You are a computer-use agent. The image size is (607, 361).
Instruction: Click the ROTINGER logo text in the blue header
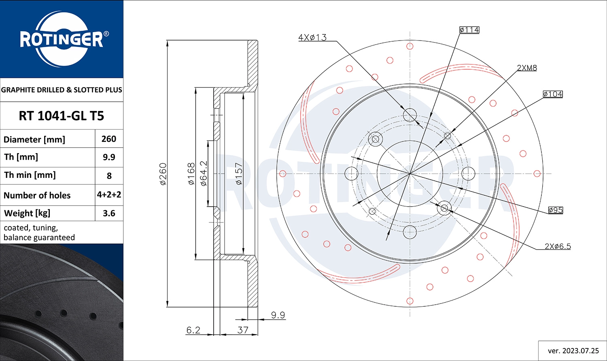tap(62, 39)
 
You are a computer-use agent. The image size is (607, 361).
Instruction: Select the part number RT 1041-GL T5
tap(62, 116)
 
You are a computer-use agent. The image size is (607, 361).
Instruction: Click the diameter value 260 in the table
tap(109, 139)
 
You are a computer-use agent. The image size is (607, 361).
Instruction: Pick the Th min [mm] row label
tap(30, 175)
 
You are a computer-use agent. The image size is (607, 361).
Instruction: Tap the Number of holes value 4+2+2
tap(109, 195)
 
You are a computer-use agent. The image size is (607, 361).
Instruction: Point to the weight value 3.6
tap(109, 213)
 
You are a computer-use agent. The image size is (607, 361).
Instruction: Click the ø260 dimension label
tap(163, 174)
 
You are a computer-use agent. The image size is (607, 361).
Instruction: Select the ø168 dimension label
tap(191, 174)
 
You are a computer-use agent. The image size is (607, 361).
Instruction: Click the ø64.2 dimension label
tap(204, 173)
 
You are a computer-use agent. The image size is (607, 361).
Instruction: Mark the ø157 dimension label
tap(239, 174)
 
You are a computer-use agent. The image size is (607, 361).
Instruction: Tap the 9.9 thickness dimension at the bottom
tap(278, 315)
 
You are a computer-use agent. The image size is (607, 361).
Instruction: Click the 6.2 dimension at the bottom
tap(193, 330)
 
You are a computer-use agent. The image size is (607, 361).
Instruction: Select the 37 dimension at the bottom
tap(243, 330)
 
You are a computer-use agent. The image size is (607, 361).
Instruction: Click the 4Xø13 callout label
tap(312, 37)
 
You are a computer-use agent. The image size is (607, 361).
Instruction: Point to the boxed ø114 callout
tap(469, 30)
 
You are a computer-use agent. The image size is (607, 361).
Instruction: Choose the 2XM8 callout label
tap(527, 68)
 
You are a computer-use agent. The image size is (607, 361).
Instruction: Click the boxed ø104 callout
tap(553, 94)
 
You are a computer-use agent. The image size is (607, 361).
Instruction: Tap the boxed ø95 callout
tap(556, 210)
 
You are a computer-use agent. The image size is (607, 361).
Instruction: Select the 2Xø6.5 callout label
tap(558, 246)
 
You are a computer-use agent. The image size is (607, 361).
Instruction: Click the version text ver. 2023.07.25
tap(573, 350)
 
